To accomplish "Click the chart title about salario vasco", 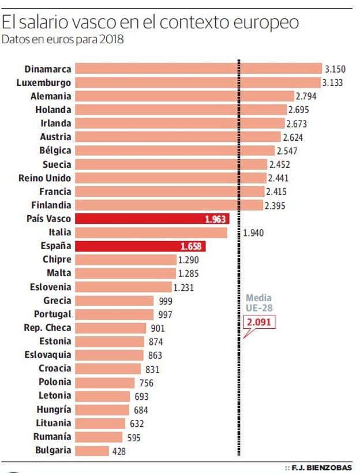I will (x=151, y=22).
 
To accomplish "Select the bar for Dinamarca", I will (x=198, y=69).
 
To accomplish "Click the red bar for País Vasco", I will (x=152, y=219).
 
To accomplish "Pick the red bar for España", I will (x=140, y=246).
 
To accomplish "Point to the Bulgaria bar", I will (x=92, y=451).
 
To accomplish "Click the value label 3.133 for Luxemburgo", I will (x=332, y=82).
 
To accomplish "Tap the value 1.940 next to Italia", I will (x=254, y=233).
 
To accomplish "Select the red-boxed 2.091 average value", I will (x=258, y=322).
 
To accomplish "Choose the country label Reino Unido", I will (x=45, y=178).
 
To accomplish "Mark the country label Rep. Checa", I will (x=48, y=328).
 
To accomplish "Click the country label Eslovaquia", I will (x=48, y=355).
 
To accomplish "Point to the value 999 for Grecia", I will (x=165, y=301).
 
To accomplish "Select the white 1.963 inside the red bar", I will (x=215, y=219).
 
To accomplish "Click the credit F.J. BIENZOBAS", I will (x=320, y=466).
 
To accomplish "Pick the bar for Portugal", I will (x=115, y=314).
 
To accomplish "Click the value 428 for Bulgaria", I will (x=119, y=451).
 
